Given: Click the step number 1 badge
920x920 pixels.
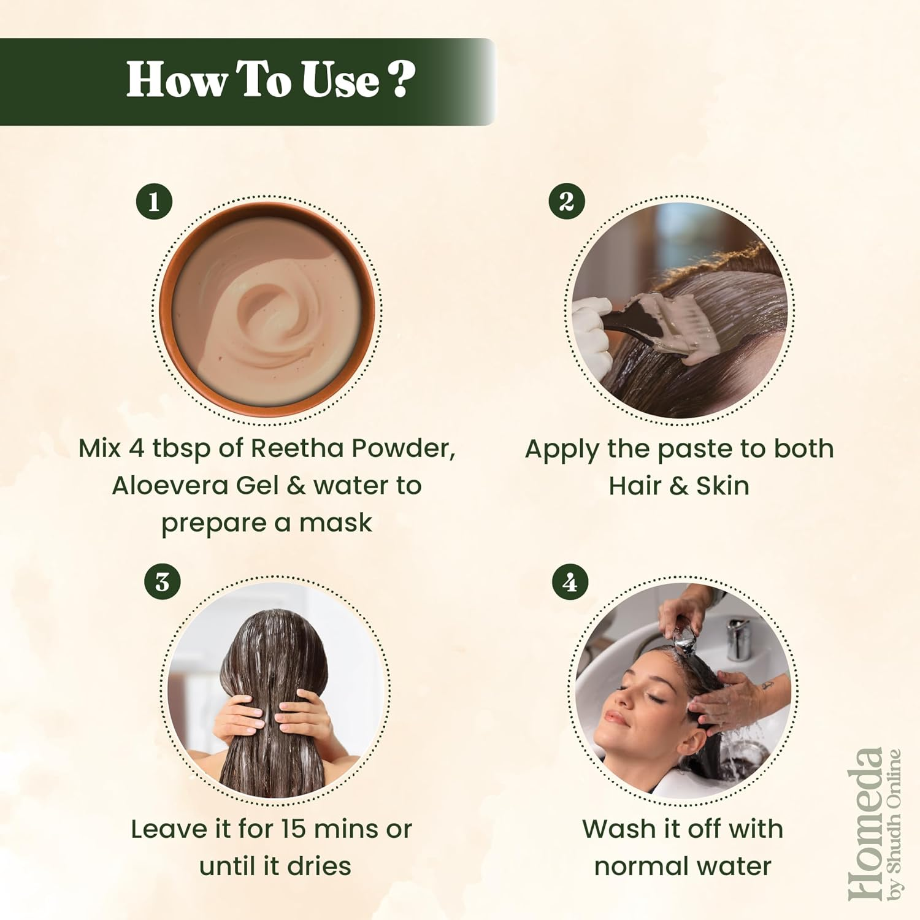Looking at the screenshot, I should [154, 201].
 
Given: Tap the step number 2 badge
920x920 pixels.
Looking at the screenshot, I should [567, 201].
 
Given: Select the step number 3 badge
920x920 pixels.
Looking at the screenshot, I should [163, 582].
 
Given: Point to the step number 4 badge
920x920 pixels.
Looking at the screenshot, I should [570, 582].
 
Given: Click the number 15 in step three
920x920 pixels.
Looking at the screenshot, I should [294, 829].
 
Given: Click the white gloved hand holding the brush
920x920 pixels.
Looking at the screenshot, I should [592, 325].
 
